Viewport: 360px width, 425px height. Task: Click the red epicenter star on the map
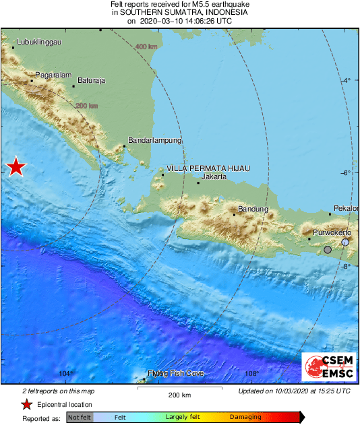15,167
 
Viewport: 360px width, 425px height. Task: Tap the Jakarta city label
213,177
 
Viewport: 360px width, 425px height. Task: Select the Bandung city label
253,209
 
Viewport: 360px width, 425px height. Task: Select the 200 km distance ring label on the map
87,106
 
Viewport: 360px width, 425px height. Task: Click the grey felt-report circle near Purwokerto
328,250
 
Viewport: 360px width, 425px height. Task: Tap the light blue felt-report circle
345,242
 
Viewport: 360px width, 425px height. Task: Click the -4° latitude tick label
347,81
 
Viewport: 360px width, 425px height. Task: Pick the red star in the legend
26,404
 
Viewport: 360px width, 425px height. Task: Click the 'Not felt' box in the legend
79,417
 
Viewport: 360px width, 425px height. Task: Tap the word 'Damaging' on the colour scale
245,417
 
